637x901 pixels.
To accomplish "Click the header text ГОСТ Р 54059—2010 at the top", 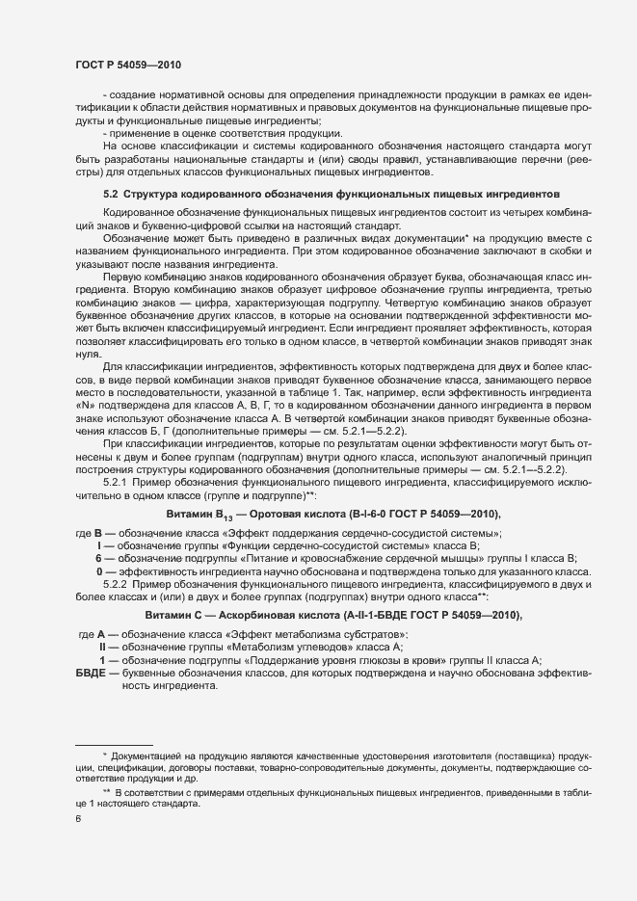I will pos(127,64).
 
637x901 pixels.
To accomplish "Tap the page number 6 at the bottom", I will pos(78,819).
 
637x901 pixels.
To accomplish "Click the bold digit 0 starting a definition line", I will pos(99,571).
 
